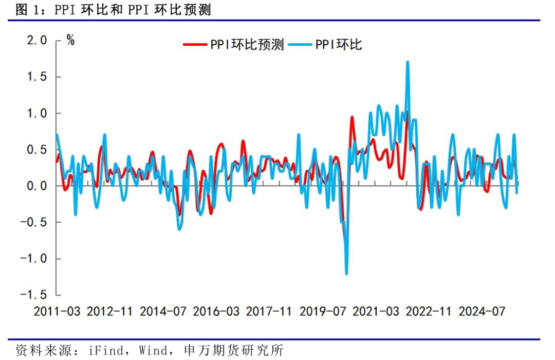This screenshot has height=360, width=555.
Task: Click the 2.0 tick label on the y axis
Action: (36, 41)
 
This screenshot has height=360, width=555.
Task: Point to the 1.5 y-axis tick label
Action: (36, 77)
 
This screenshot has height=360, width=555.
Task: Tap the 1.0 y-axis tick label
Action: (36, 113)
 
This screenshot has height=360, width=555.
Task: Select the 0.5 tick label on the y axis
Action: (36, 150)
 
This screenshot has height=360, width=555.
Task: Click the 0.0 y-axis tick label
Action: (36, 186)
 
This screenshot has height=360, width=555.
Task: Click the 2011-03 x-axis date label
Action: (57, 312)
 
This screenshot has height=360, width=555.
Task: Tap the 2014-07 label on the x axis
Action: (163, 312)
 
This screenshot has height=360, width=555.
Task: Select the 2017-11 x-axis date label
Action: (269, 312)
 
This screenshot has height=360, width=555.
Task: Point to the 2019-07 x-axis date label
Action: (322, 312)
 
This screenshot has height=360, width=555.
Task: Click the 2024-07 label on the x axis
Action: (481, 312)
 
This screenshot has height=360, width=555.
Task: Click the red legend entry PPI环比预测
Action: (234, 45)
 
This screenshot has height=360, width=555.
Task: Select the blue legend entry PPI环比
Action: (326, 45)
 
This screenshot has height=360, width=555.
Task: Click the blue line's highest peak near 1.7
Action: (408, 62)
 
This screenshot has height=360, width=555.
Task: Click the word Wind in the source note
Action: (152, 351)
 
